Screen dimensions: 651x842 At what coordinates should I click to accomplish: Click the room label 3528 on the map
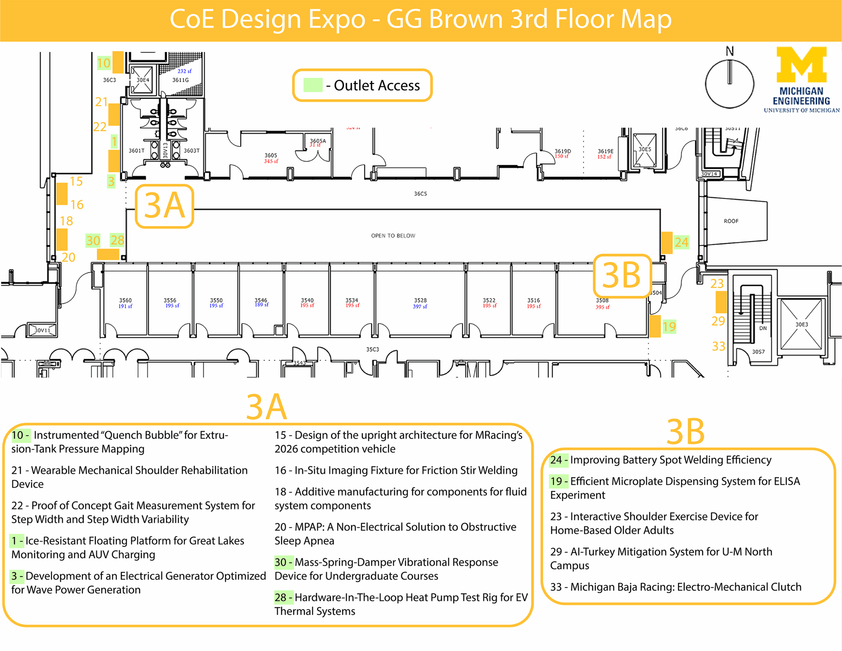420,300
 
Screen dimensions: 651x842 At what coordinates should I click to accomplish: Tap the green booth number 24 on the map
681,242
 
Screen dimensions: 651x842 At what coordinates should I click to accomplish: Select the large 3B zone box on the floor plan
622,276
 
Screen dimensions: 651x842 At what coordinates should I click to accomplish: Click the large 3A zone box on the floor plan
164,206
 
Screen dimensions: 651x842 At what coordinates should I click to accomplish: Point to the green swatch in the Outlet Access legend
313,85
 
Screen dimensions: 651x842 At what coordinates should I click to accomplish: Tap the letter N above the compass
730,51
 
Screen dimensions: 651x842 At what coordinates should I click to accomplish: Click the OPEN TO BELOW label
393,236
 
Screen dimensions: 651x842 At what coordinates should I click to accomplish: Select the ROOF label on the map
731,221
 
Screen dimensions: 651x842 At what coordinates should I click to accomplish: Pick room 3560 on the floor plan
125,300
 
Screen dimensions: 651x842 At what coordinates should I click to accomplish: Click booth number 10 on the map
103,63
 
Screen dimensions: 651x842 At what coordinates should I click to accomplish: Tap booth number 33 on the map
718,346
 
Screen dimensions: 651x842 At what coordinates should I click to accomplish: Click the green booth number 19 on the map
669,327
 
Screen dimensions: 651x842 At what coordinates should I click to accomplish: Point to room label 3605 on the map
271,155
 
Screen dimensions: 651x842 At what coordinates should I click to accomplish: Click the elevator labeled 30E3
802,325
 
